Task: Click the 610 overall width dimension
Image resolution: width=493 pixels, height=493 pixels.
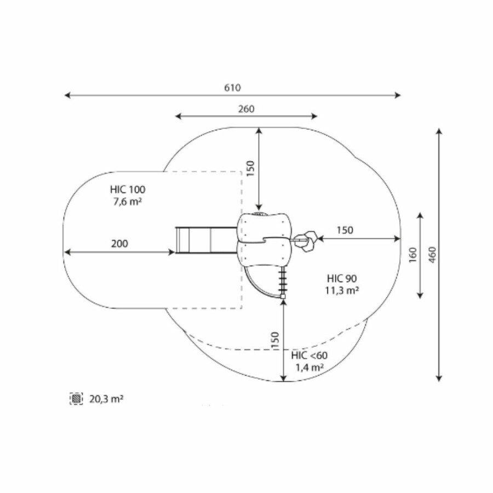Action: coord(232,88)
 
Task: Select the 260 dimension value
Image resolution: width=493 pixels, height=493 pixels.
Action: coord(246,109)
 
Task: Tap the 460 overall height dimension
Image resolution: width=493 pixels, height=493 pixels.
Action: coord(432,255)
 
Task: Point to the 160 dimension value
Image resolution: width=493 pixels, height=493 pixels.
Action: coord(412,255)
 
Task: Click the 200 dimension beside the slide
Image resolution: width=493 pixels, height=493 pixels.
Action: coord(119,244)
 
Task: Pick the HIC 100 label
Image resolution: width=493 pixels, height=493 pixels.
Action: coord(128,190)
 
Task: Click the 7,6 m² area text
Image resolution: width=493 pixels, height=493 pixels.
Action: coord(128,202)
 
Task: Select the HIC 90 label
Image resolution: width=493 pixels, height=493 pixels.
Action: coord(342,279)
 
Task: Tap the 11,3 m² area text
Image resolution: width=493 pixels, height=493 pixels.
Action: coord(342,290)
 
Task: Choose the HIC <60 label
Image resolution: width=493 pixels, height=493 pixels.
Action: coord(309,356)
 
